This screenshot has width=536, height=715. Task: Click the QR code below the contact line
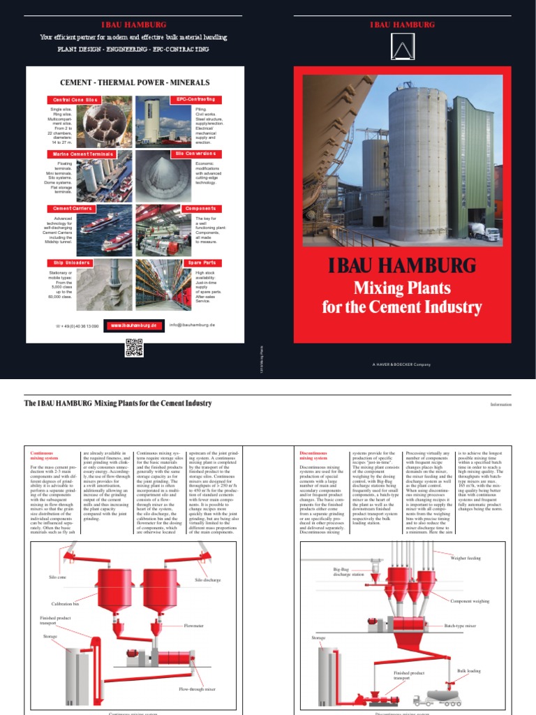(133, 347)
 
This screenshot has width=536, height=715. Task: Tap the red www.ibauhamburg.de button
(135, 325)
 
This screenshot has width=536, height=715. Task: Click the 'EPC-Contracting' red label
(195, 100)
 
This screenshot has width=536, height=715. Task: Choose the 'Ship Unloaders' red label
(68, 263)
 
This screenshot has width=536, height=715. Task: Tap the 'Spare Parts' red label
(200, 263)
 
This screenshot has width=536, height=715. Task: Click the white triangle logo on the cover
(401, 48)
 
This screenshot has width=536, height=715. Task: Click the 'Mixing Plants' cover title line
(401, 287)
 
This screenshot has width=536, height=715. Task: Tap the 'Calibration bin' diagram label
(67, 603)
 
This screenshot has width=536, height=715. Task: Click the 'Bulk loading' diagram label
(469, 670)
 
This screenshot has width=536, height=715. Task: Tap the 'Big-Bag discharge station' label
(349, 573)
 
